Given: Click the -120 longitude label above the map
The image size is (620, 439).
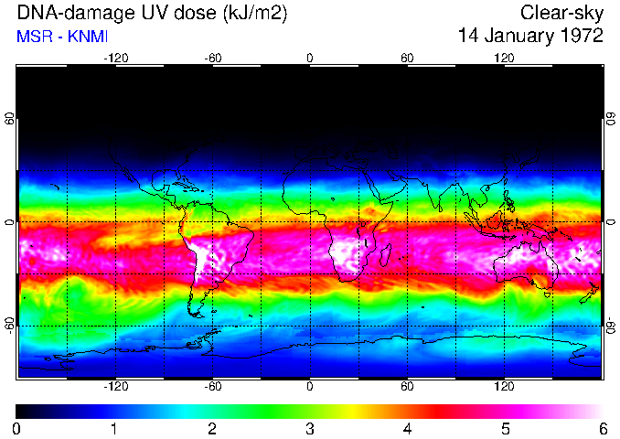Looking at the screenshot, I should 115,58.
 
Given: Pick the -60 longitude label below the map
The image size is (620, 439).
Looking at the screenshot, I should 212,386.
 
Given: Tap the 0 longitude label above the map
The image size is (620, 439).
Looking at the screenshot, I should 310,58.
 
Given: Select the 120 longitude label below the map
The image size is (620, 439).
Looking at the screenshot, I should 504,386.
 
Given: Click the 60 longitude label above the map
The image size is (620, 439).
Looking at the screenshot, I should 407,58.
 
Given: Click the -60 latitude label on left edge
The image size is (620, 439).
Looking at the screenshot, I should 10,325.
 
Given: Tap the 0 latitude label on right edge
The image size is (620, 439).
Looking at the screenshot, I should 610,222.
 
